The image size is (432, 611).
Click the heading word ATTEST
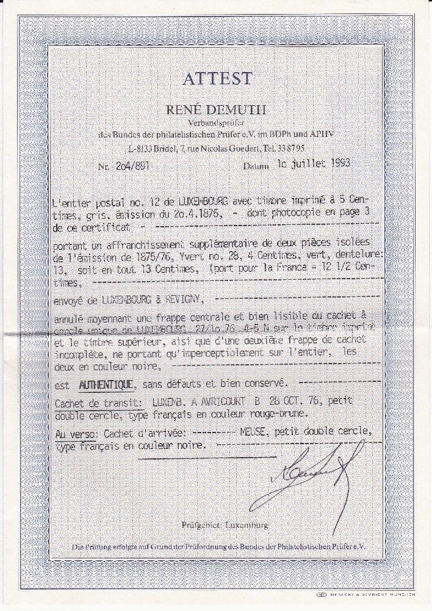point(216,79)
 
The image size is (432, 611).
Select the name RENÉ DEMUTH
point(216,110)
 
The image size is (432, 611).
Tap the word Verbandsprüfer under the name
point(216,123)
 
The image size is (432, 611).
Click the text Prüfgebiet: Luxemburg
point(225,525)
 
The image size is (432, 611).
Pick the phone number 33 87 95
point(294,148)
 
